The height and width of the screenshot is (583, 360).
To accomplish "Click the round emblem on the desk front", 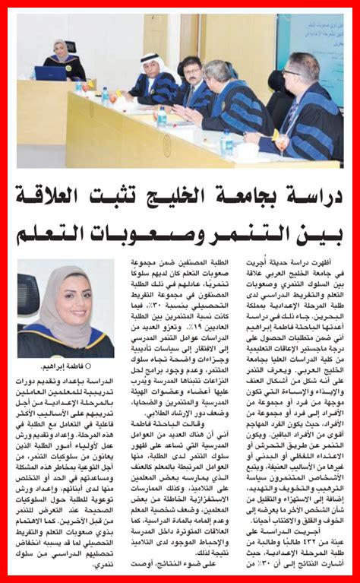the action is point(167,144).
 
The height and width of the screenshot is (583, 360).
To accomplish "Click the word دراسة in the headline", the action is point(311,192).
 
